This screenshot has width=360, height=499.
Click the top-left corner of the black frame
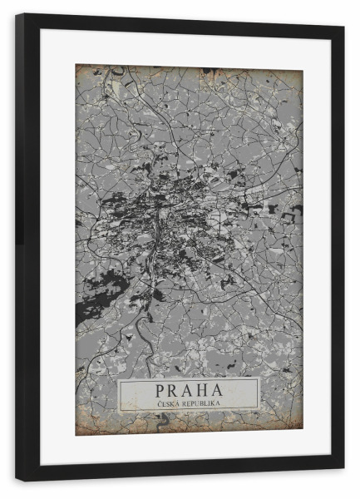tap(17, 15)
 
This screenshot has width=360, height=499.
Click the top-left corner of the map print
tap(76, 66)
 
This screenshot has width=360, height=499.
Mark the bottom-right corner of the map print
tap(302, 432)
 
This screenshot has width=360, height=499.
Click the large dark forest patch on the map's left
tap(91, 312)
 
